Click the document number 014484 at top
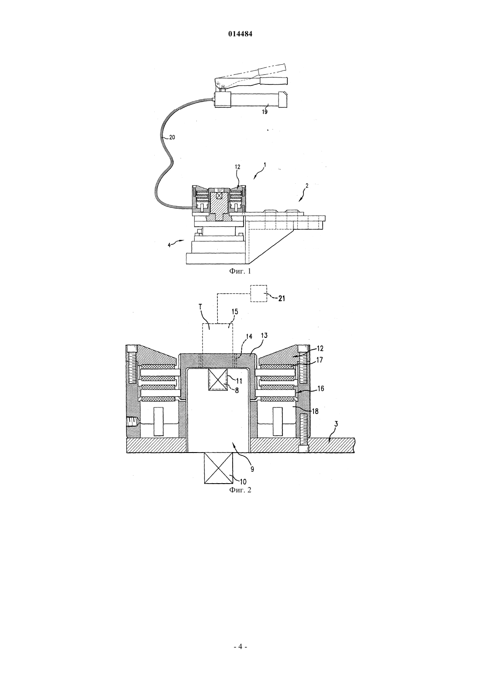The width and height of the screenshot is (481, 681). coord(240,34)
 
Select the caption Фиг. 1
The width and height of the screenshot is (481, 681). coord(240,271)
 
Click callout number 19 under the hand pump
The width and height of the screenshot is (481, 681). coord(265,112)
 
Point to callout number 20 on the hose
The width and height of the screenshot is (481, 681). coord(172,137)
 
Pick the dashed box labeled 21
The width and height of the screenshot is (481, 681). coord(259,293)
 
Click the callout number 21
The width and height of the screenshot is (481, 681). coord(282,298)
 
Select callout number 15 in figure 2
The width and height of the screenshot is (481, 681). coord(235,312)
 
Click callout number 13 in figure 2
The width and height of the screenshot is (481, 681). coord(264,335)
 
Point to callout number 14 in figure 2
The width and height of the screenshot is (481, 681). coord(249,337)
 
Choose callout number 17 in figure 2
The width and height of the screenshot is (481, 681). coord(319,360)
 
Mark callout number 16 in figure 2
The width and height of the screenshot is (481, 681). coord(321,389)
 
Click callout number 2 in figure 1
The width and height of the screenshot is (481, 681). coord(307,186)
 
